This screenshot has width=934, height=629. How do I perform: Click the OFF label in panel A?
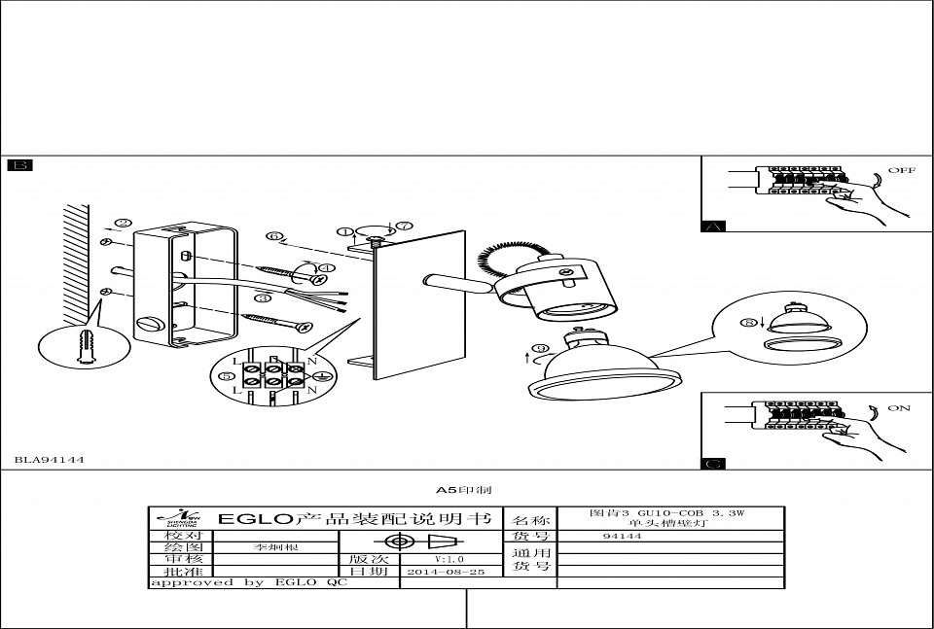coord(901,170)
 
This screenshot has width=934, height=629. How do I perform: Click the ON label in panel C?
coord(899,408)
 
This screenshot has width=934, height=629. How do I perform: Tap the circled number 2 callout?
coord(123,223)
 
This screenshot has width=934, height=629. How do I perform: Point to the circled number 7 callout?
coord(404,226)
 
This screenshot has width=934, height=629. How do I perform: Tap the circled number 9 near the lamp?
coord(541,349)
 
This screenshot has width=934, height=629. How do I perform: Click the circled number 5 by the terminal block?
coord(226,375)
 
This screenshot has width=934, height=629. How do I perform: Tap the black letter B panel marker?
coord(19,165)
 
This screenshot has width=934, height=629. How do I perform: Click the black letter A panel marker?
coord(713,227)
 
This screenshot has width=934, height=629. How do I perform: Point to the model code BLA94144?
coord(49,460)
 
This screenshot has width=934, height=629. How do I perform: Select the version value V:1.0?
coord(449,559)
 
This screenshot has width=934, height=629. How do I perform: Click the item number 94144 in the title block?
coord(622,536)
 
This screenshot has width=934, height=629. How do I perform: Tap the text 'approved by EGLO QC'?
coord(248,583)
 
